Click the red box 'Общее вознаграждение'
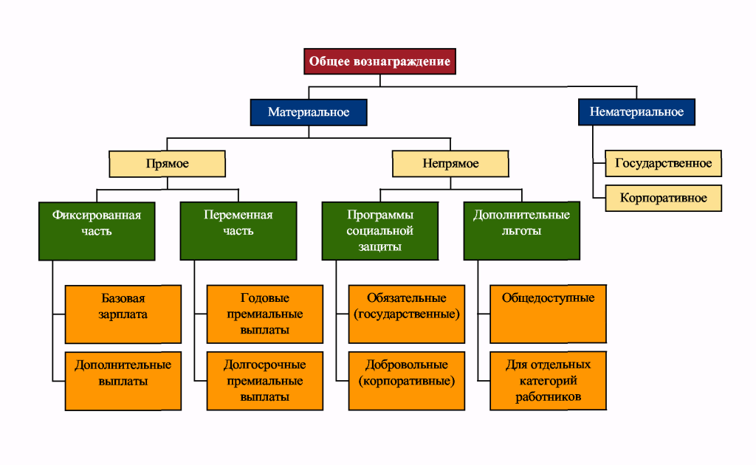380,61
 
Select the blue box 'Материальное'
309,112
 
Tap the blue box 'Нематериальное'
636,111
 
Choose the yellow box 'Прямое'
168,164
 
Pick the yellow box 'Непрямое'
450,164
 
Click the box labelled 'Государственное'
664,163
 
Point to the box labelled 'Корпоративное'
664,198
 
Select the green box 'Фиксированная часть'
97,231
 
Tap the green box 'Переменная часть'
238,231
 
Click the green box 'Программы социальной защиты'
380,231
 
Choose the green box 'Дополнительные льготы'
522,231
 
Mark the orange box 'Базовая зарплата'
123,314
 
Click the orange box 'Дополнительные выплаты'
123,381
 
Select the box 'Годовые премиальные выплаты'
265,314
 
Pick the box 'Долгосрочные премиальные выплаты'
265,381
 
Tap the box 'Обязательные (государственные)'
407,314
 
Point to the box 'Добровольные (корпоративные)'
407,381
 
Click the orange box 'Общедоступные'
549,314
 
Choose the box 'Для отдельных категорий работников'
549,381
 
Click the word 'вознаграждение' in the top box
402,62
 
